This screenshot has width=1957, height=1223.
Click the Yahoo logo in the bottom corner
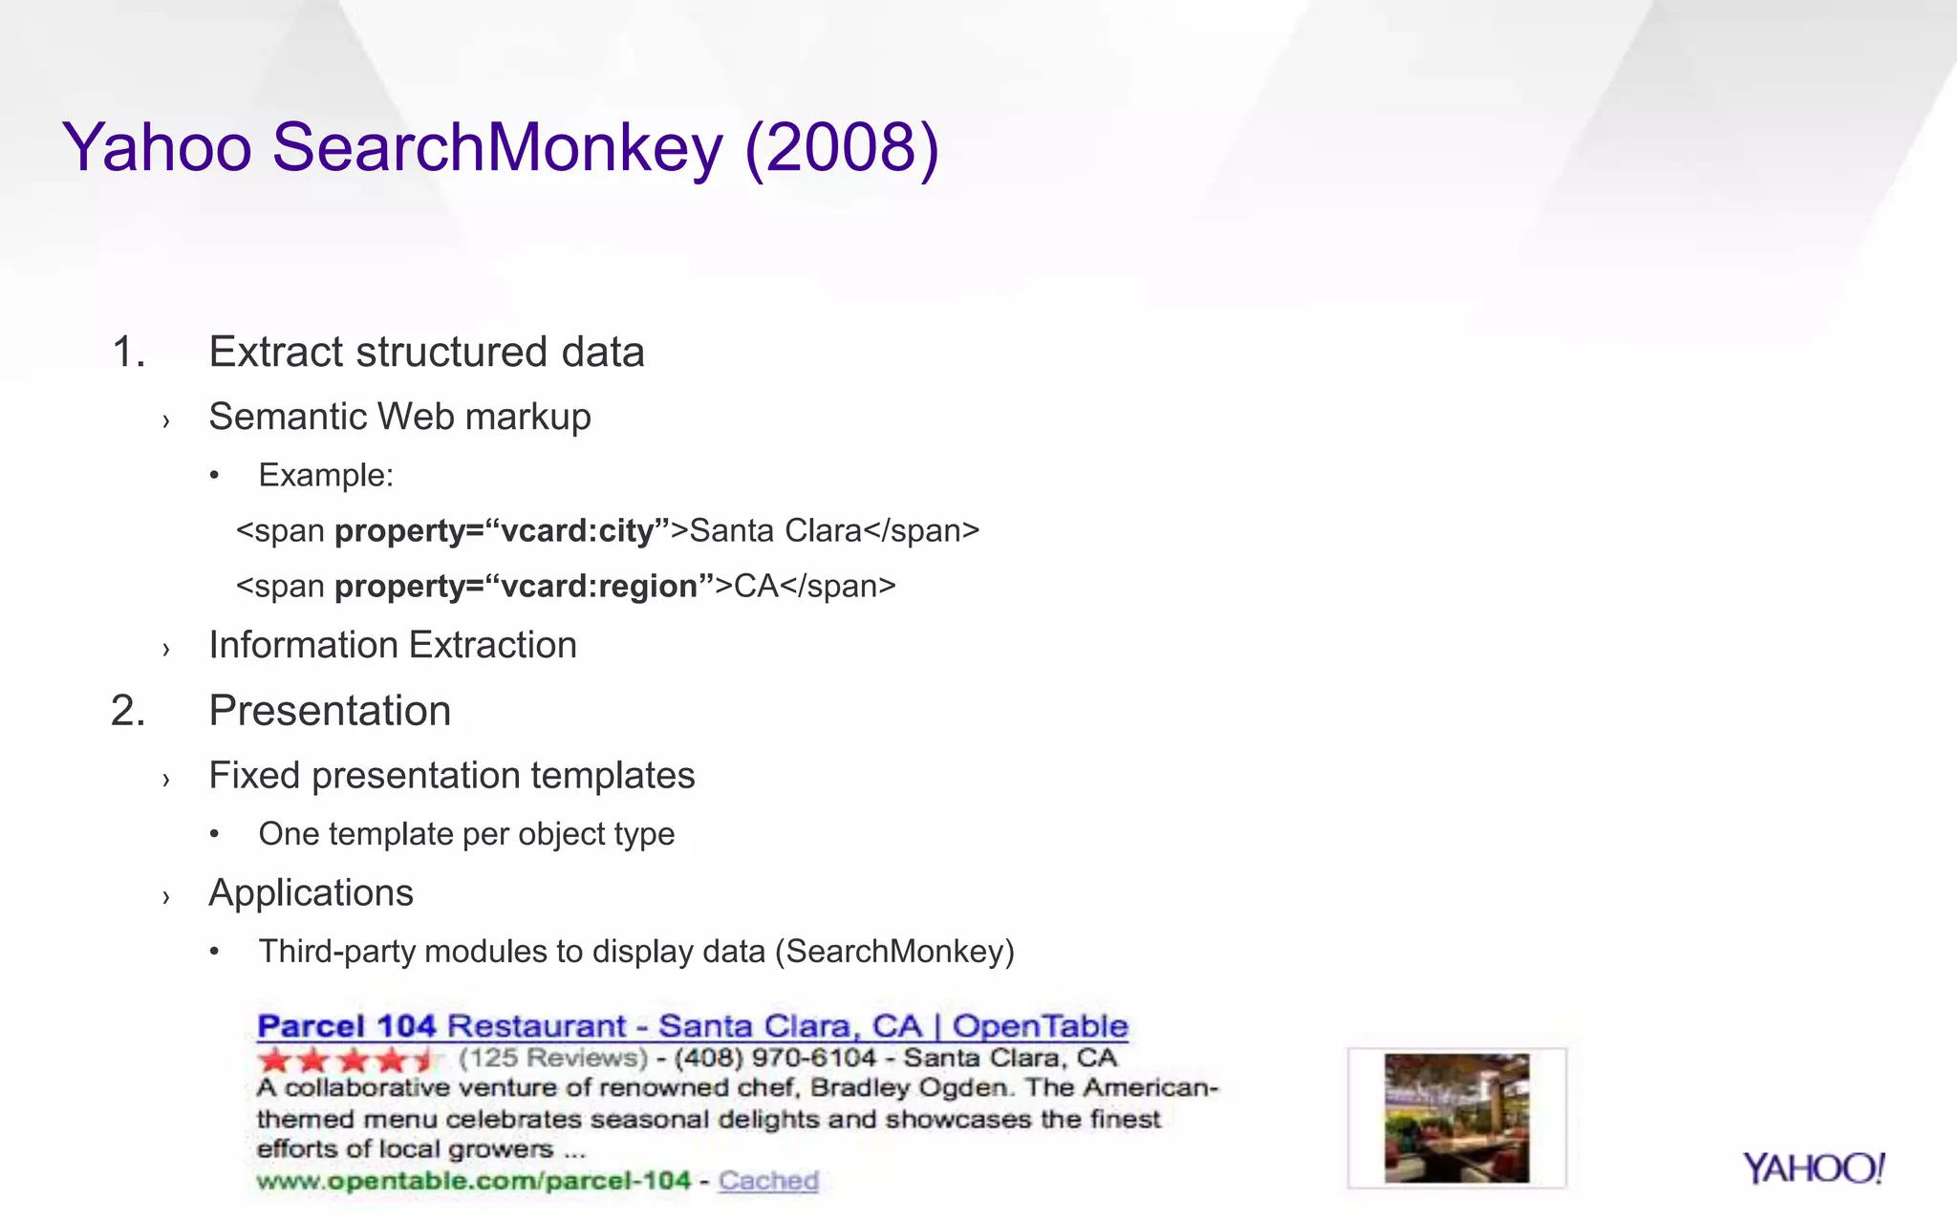1813,1169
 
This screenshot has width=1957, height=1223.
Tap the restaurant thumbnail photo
1456,1118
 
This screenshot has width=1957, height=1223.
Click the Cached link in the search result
768,1181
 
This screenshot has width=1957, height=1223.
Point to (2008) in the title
841,148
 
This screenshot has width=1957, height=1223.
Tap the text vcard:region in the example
599,586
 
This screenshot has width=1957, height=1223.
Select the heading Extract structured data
426,352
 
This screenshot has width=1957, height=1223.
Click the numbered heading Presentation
330,711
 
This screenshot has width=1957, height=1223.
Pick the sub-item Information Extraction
393,645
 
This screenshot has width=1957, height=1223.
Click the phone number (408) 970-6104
775,1058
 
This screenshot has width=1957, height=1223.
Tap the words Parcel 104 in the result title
346,1026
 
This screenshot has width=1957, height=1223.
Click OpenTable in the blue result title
1040,1026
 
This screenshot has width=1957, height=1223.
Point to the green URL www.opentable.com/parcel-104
473,1181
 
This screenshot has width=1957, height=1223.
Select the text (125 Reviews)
553,1058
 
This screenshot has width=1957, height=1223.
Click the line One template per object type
466,834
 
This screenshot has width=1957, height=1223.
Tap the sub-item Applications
311,892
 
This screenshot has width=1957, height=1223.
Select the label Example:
326,475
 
